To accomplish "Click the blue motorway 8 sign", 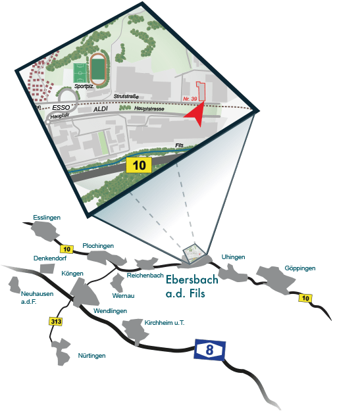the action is coord(210,350).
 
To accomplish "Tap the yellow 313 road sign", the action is coord(56,322).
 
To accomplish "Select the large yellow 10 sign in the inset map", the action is coord(139,165).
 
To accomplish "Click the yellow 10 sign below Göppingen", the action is coord(305,298).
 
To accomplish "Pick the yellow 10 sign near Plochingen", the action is coord(66,249).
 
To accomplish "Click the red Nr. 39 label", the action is coord(190,99).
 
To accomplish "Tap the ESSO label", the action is coord(61,107).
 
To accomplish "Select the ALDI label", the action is coord(101,109).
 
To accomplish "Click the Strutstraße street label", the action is coord(126,97).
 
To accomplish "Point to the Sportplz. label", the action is coord(84,86).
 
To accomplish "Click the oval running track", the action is coord(98,69).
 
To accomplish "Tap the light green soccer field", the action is coord(80,73).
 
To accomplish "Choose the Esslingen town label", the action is coord(47,218).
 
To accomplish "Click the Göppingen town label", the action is coord(300,268).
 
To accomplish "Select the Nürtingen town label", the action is coord(91,356).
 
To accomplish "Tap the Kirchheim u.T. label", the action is coord(165,323).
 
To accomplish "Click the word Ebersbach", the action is coord(192,279).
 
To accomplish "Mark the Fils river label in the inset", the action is coord(179,145).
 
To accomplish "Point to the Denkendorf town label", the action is coord(50,258).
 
